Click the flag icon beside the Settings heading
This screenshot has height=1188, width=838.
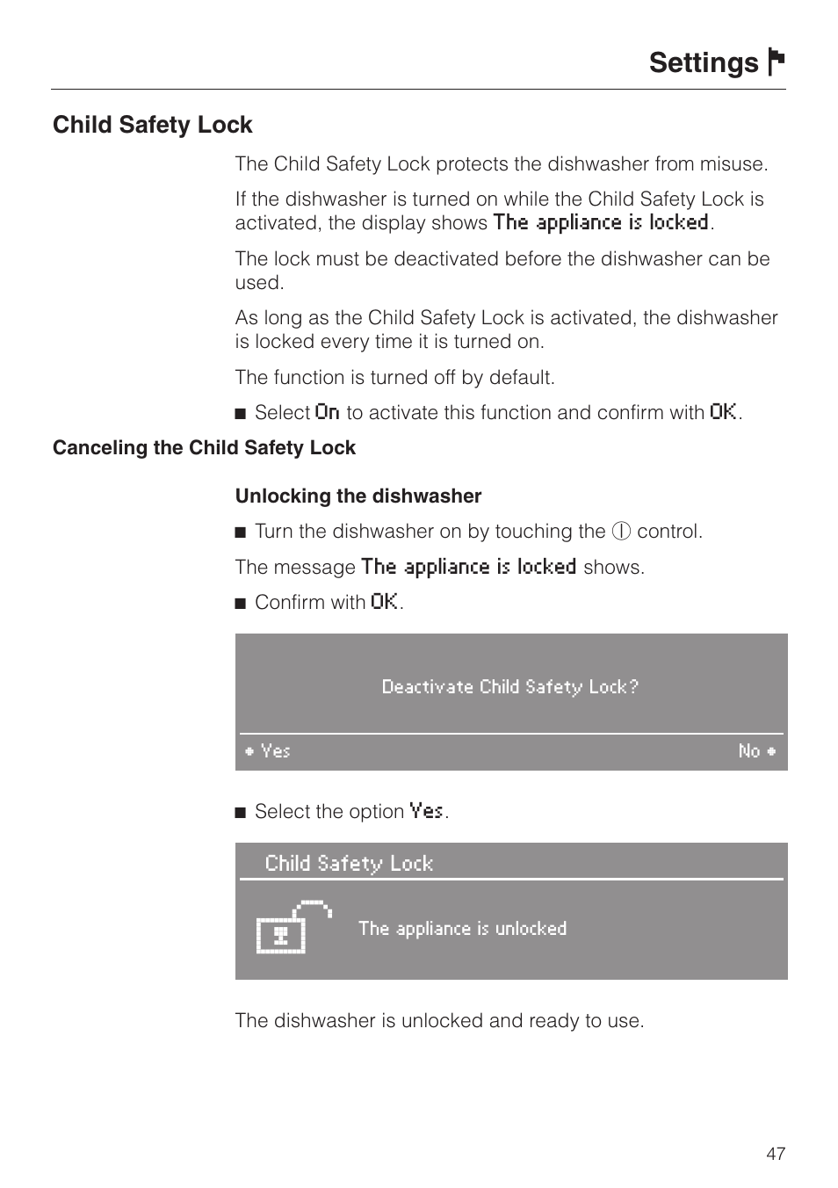(776, 62)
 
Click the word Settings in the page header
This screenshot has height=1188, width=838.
(704, 63)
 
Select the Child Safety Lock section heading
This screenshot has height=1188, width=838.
(153, 125)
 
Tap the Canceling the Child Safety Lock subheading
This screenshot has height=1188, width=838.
(204, 448)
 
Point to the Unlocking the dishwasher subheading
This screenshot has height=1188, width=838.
(358, 496)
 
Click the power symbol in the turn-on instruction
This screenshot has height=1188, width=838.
(622, 532)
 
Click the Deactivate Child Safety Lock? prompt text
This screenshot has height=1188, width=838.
(510, 687)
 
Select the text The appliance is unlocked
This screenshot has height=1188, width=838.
(462, 929)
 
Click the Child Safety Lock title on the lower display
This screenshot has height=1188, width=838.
(349, 864)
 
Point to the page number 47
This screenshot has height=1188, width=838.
(776, 1154)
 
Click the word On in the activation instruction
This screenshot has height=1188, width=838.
(327, 412)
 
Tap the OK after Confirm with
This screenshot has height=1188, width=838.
(384, 602)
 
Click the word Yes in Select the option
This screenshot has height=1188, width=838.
(427, 811)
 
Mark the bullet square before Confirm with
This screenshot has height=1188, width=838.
(242, 603)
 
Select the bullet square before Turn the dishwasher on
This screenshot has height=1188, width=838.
(242, 532)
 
